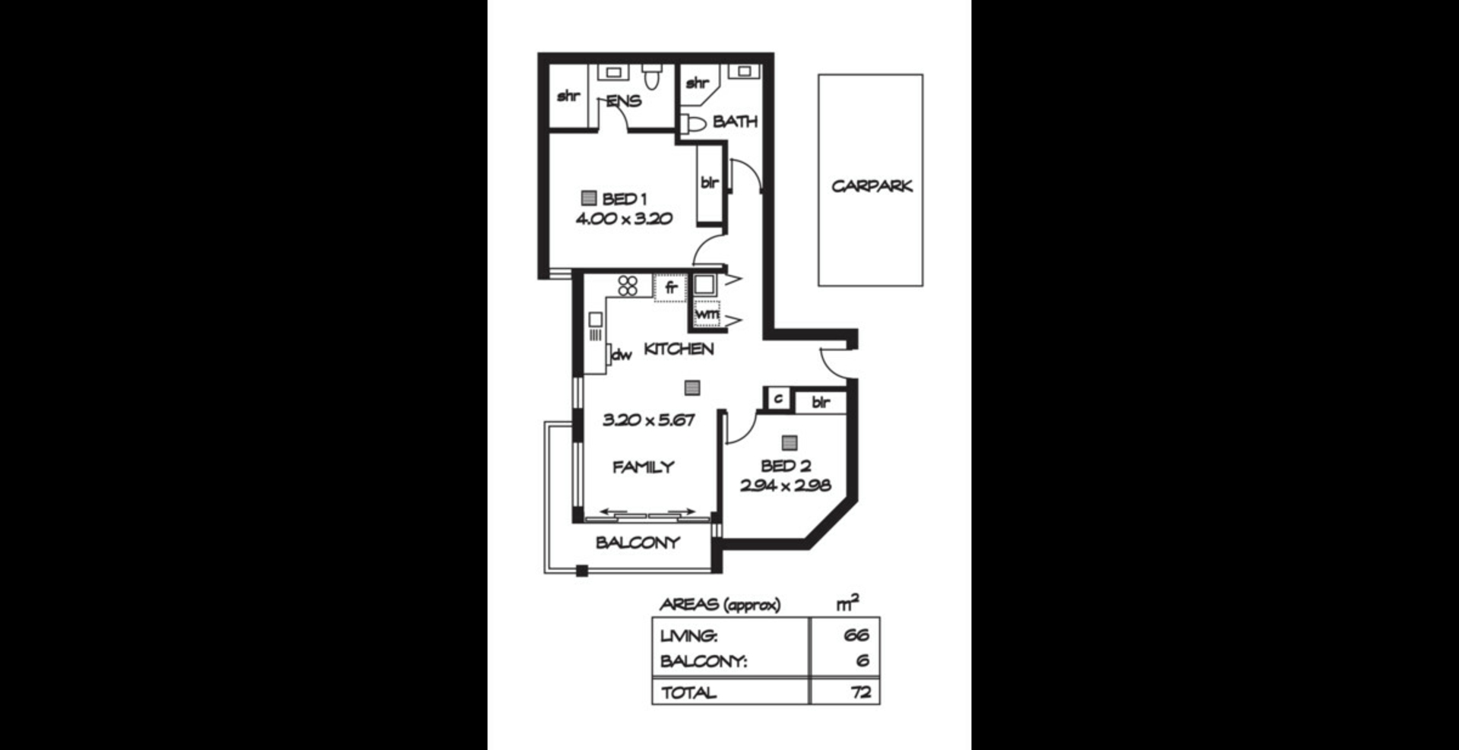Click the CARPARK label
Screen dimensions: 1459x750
[x=871, y=186]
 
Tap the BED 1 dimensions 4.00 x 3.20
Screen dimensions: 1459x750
[x=624, y=219]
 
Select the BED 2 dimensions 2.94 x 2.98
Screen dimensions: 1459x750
[x=785, y=485]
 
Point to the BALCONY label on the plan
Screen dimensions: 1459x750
[x=638, y=543]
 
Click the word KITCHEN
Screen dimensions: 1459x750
[x=679, y=349]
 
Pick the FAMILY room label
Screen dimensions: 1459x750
[x=644, y=467]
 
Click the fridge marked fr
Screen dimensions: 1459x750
[x=670, y=288]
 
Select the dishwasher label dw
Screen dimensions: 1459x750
[x=622, y=354]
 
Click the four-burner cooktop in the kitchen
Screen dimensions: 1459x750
[x=628, y=286]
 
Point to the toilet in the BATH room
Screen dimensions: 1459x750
[x=693, y=123]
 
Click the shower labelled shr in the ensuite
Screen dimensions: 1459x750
[x=568, y=97]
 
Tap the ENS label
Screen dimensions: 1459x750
[x=624, y=101]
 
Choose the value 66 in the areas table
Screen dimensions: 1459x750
[x=856, y=634]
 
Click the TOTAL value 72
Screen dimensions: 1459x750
[x=861, y=692]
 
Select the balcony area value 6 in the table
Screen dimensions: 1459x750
[x=862, y=661]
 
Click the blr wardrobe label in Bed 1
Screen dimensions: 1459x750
[x=709, y=182]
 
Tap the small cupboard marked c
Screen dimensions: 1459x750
[x=777, y=398]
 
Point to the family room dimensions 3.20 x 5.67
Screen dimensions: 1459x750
[x=648, y=419]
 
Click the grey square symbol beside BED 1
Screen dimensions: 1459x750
[x=588, y=198]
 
